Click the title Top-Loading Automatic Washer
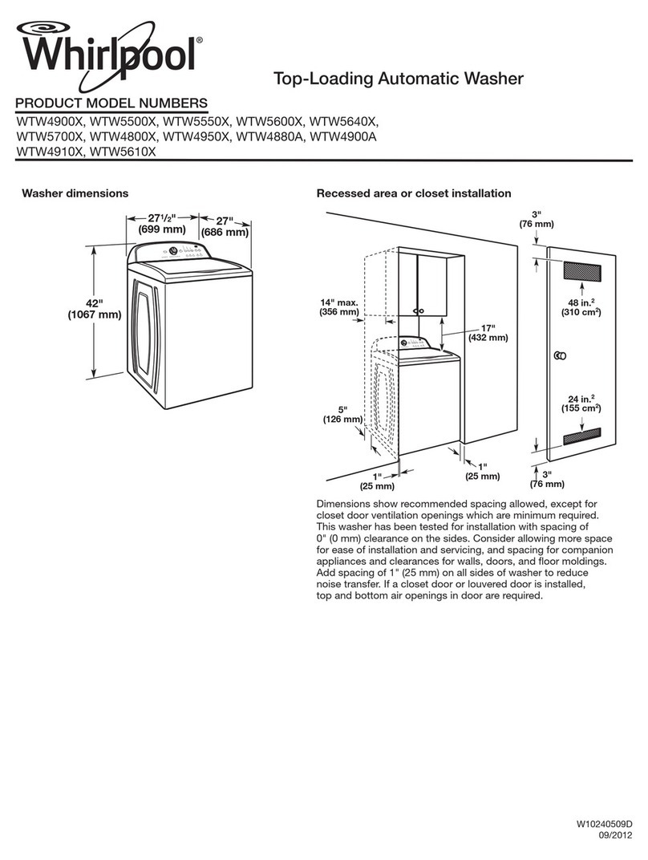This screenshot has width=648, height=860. [x=398, y=79]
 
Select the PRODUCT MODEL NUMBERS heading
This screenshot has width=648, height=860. [x=112, y=104]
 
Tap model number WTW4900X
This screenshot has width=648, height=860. [x=51, y=121]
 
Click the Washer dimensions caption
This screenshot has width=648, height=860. [x=75, y=193]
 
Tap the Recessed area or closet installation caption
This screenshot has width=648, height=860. [x=414, y=193]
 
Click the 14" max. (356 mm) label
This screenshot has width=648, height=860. [x=339, y=306]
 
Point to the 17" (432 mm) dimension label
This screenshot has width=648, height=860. [x=488, y=332]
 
